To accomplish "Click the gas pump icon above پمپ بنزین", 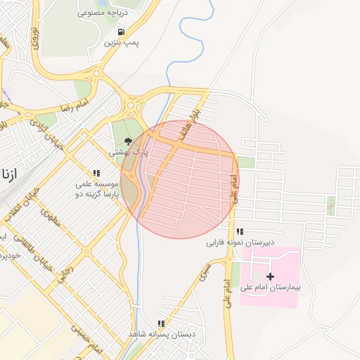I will [x=122, y=32].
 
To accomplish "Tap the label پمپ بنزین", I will [x=122, y=44].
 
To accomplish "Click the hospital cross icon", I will [x=270, y=276].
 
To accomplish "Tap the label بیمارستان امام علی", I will [x=270, y=288].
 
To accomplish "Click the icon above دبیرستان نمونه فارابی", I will [x=240, y=231].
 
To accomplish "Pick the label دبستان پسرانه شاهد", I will [x=161, y=334].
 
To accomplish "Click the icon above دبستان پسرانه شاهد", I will [x=161, y=323].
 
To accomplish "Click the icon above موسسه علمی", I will [x=96, y=172].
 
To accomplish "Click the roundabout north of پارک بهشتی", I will [x=131, y=107].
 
